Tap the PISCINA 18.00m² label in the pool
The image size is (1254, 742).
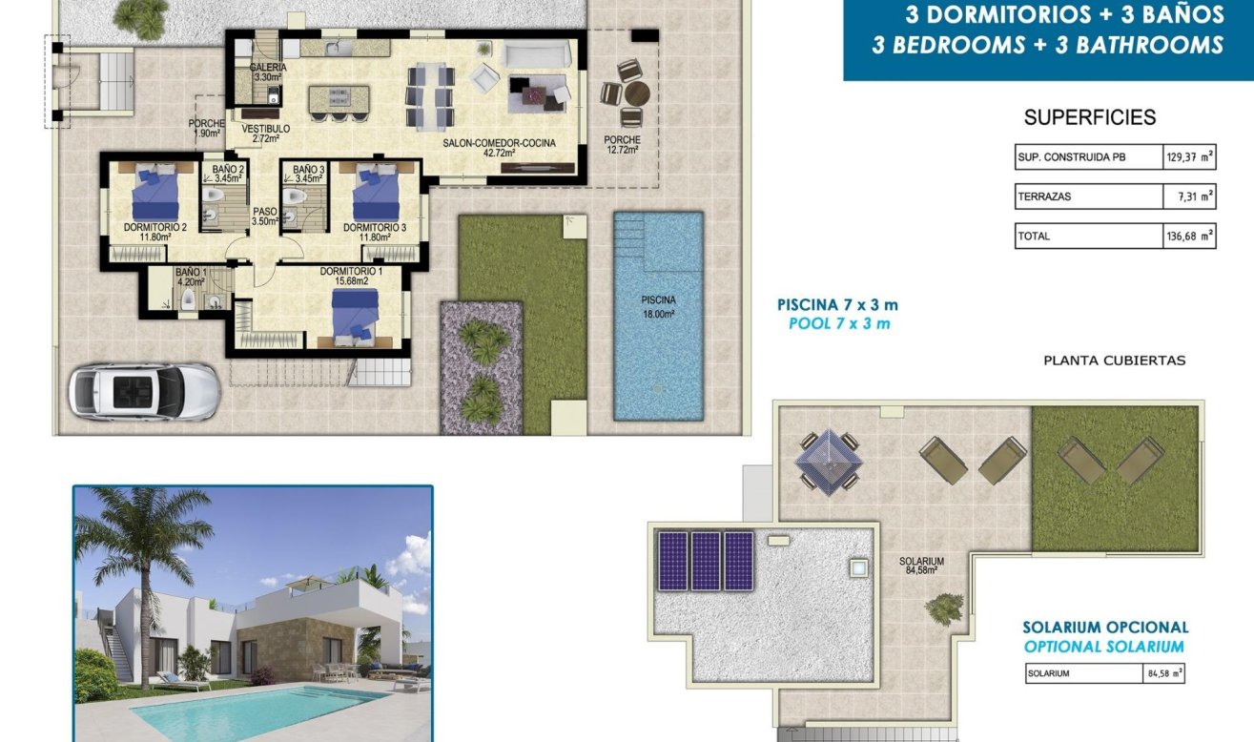pyautogui.click(x=658, y=305)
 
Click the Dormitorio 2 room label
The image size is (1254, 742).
pyautogui.click(x=154, y=232)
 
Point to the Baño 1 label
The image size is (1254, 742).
pyautogui.click(x=189, y=277)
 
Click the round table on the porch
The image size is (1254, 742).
pyautogui.click(x=636, y=93)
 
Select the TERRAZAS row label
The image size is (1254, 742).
pyautogui.click(x=1045, y=196)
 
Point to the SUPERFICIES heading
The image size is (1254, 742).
pyautogui.click(x=1089, y=118)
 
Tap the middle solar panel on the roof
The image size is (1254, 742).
pyautogui.click(x=706, y=561)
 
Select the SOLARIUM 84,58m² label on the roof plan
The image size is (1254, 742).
pyautogui.click(x=921, y=566)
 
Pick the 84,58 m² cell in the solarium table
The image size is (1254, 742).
pyautogui.click(x=1162, y=673)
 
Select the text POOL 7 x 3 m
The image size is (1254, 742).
pyautogui.click(x=839, y=323)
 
